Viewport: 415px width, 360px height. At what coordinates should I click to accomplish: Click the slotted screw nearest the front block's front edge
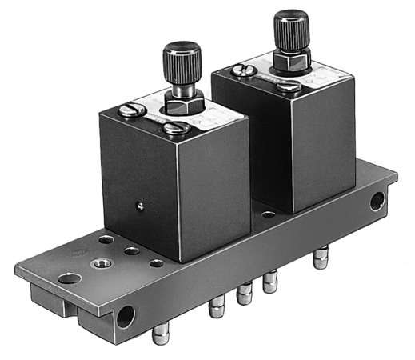pyautogui.click(x=181, y=126)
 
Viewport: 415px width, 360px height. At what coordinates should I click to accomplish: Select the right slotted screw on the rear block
pyautogui.click(x=293, y=85)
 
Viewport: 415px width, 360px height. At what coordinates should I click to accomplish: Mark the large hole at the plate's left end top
pyautogui.click(x=70, y=278)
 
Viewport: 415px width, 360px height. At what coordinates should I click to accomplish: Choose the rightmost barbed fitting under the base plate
pyautogui.click(x=320, y=259)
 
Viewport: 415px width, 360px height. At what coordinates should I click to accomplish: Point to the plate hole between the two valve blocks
pyautogui.click(x=269, y=214)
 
